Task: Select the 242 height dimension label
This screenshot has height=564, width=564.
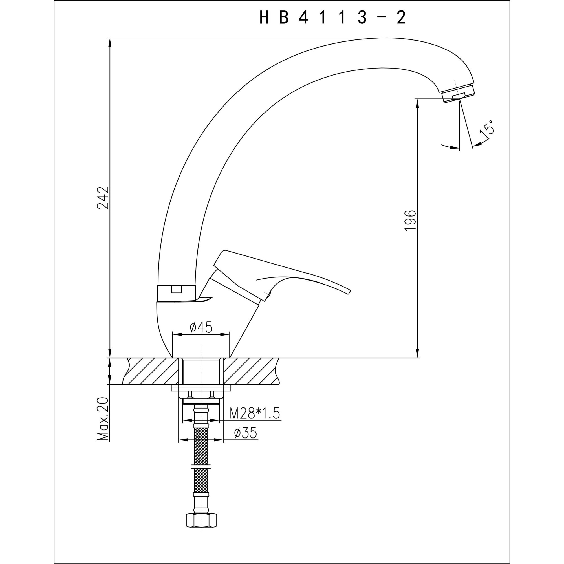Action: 103,198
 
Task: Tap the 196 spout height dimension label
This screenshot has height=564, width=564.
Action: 410,221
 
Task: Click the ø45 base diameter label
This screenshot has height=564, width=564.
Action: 201,327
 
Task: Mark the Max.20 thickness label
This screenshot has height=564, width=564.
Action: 103,419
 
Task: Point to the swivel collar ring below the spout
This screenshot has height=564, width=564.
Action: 176,293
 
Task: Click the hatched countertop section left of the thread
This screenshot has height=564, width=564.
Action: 152,371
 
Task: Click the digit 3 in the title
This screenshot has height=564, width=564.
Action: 362,18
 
